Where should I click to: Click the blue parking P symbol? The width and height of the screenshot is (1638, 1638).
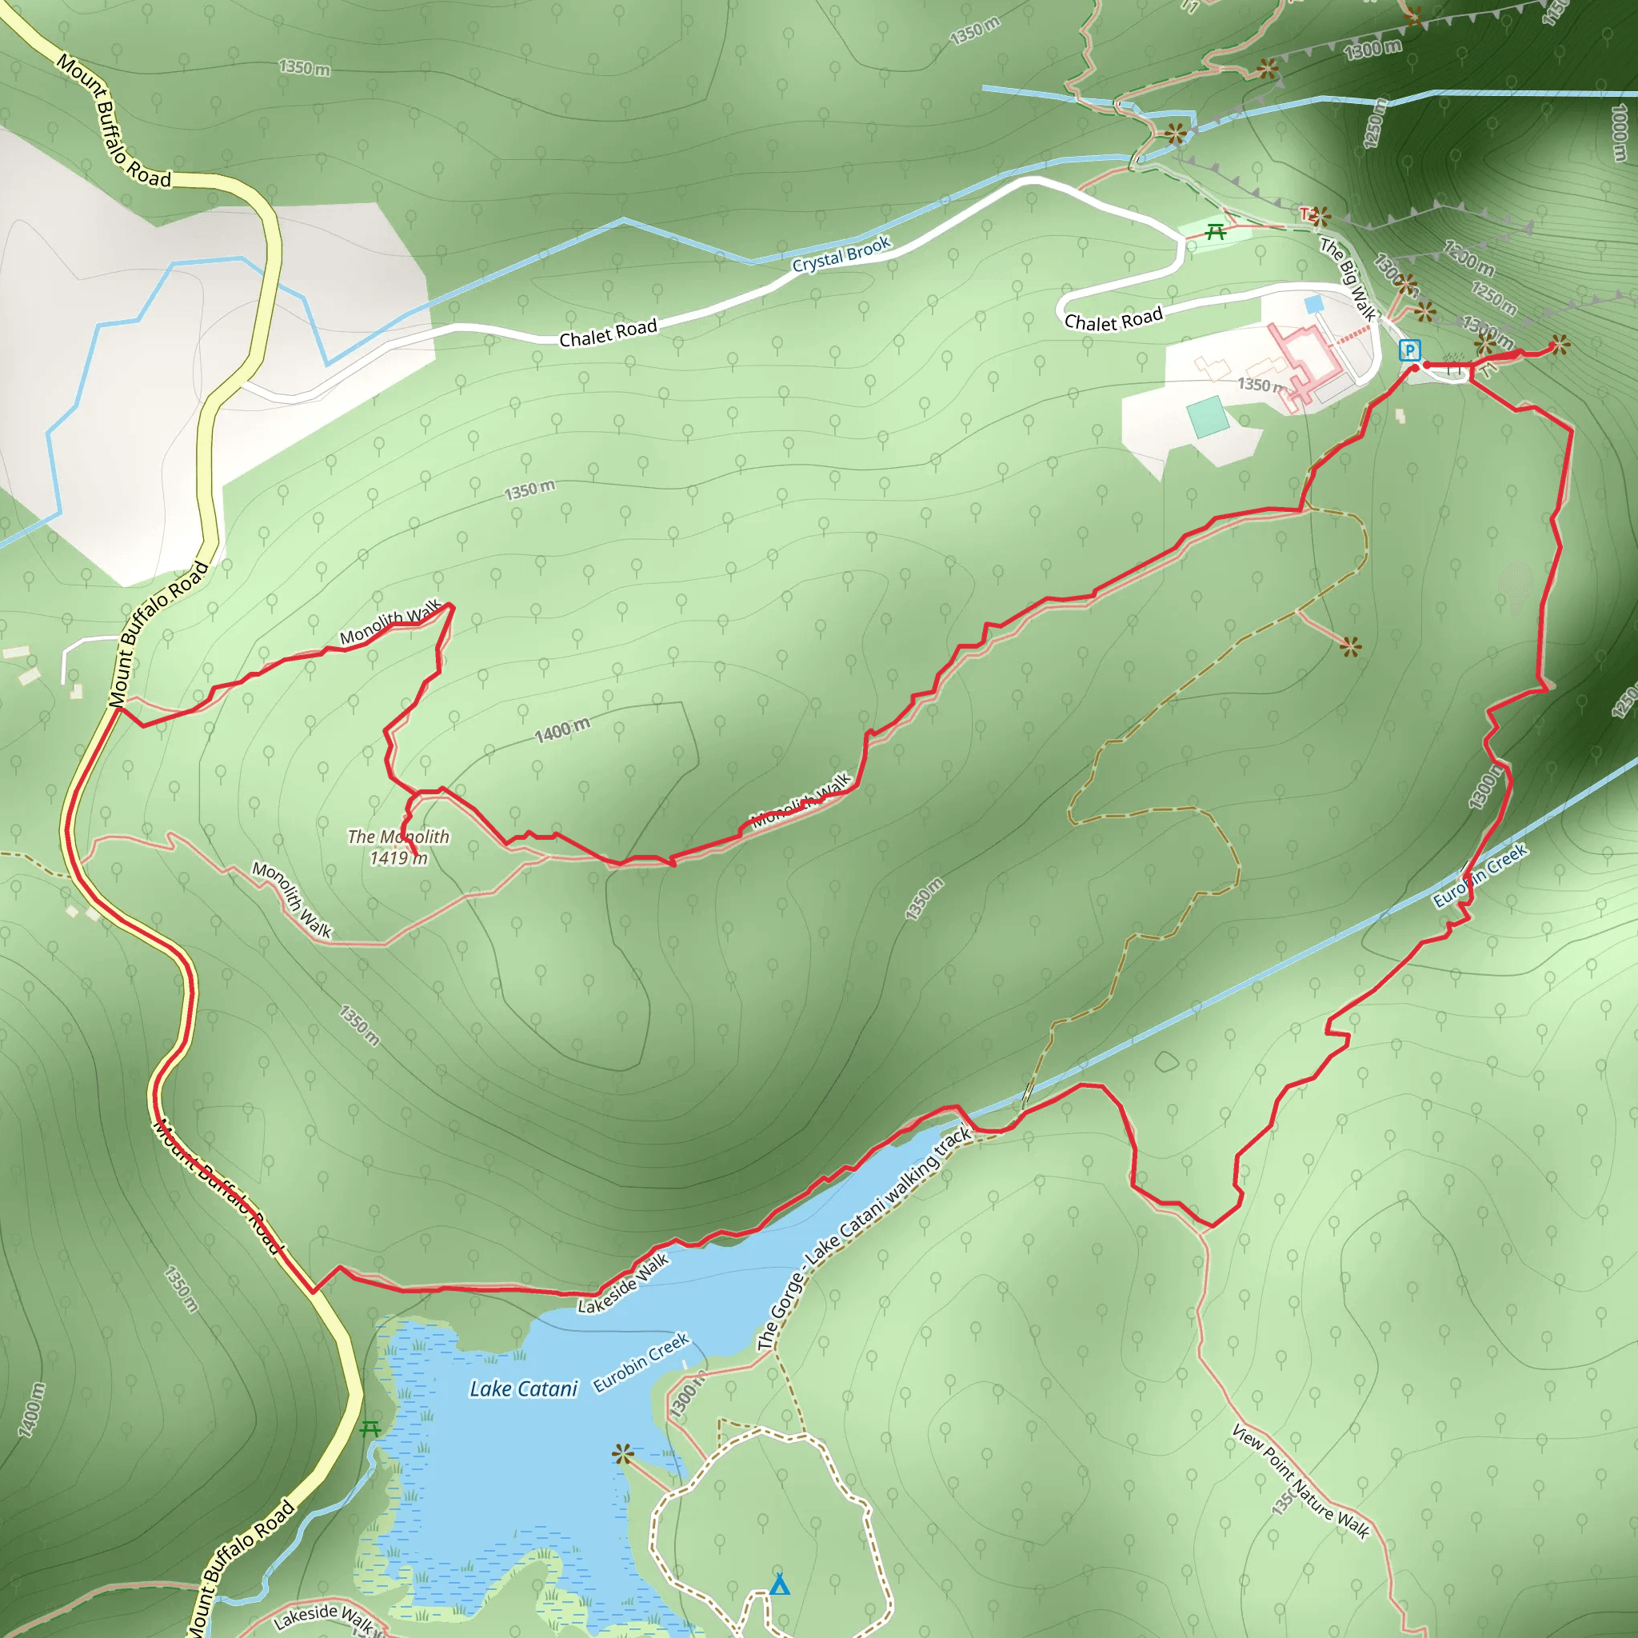(x=1409, y=350)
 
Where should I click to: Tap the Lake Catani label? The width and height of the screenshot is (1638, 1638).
(x=523, y=1388)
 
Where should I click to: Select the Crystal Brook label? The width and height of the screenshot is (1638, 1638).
(x=841, y=254)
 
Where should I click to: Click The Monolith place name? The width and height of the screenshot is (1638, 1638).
(x=398, y=837)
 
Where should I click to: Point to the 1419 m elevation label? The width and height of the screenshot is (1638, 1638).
(x=398, y=858)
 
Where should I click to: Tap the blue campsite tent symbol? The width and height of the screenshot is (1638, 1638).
(x=780, y=1584)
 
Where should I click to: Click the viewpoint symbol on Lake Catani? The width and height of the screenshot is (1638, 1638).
(x=623, y=1456)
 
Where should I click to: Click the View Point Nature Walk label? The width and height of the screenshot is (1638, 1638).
(x=1300, y=1482)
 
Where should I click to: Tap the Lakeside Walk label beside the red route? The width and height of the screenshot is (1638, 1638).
(x=623, y=1284)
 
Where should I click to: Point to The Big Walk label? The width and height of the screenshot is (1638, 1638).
(x=1347, y=279)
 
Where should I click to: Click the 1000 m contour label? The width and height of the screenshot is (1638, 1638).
(x=1619, y=132)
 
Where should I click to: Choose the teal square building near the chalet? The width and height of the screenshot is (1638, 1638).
(x=1206, y=416)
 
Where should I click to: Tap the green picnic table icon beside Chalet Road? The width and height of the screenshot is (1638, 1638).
(x=1216, y=231)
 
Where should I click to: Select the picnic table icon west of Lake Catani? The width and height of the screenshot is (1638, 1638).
(x=369, y=1429)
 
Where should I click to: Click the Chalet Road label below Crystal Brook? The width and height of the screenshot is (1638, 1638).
(x=608, y=334)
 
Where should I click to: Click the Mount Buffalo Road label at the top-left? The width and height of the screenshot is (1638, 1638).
(x=113, y=121)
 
